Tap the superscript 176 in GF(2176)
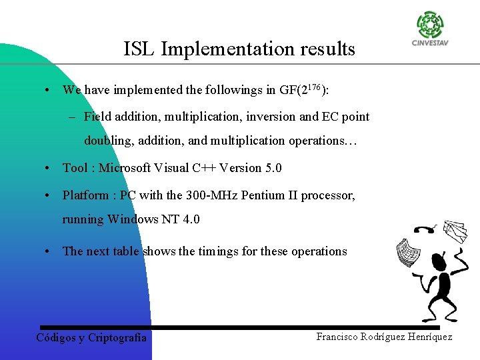[314, 86]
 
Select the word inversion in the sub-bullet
[271, 117]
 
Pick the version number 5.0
[273, 168]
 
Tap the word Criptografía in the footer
[117, 337]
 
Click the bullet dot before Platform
[49, 196]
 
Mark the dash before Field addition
[72, 117]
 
